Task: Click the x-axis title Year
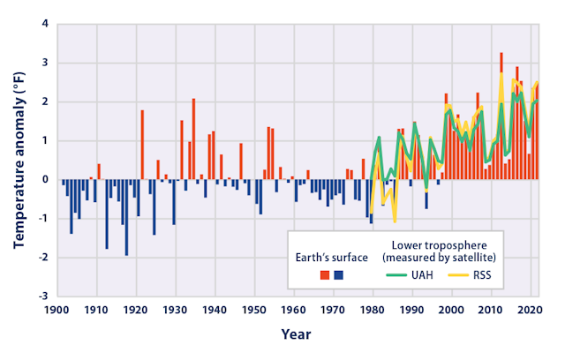pos(298,334)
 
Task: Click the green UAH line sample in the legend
pos(395,275)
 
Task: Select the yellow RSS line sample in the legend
pos(456,275)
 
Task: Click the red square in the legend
pos(325,274)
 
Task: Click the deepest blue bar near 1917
pos(126,217)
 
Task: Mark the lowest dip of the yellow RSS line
pos(395,221)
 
